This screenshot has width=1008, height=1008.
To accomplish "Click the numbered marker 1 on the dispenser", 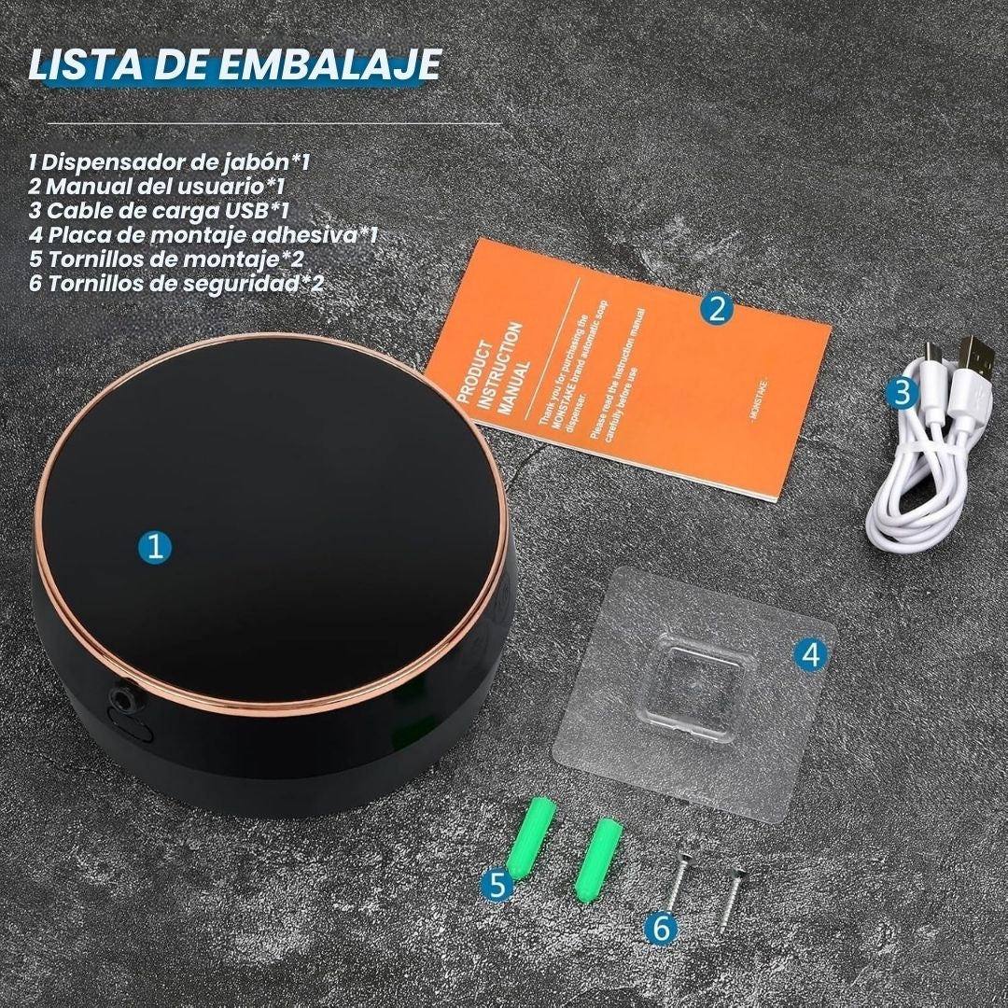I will pos(155,546).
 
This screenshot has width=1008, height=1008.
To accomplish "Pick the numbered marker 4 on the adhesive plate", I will pos(812,655).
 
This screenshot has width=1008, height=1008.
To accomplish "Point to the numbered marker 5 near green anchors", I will pos(498,884).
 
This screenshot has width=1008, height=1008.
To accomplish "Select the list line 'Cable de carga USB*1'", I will pos(159,210).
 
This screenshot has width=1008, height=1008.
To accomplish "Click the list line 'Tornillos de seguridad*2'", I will pos(177,283).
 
